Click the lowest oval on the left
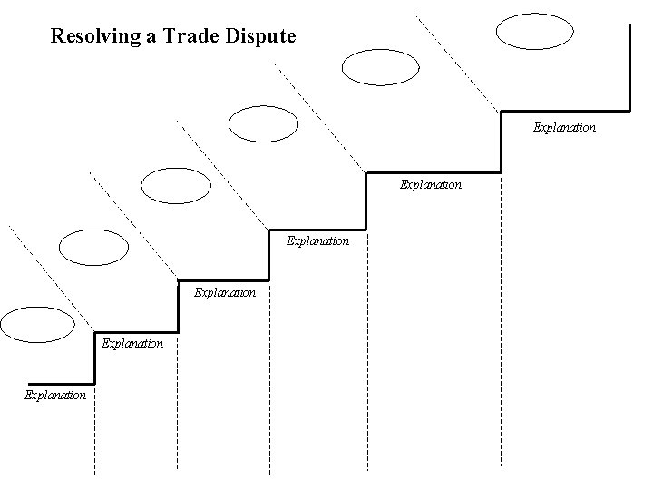point(37,323)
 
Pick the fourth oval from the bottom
point(263,124)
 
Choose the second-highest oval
point(381,65)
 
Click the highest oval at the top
point(535,29)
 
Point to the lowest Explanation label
point(55,395)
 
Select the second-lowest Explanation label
point(132,344)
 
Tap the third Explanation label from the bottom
point(225,293)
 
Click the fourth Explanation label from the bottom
point(317,241)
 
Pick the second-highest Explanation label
point(431,184)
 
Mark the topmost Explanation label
point(564,128)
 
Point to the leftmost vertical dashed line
point(95,426)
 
